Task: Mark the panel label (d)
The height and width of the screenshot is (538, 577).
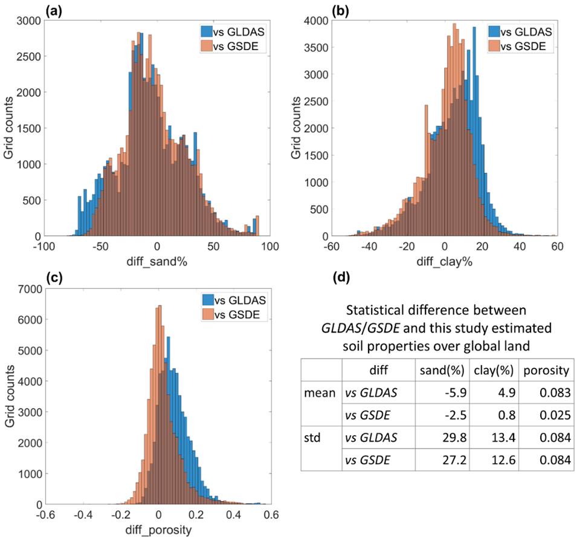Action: pos(343,280)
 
